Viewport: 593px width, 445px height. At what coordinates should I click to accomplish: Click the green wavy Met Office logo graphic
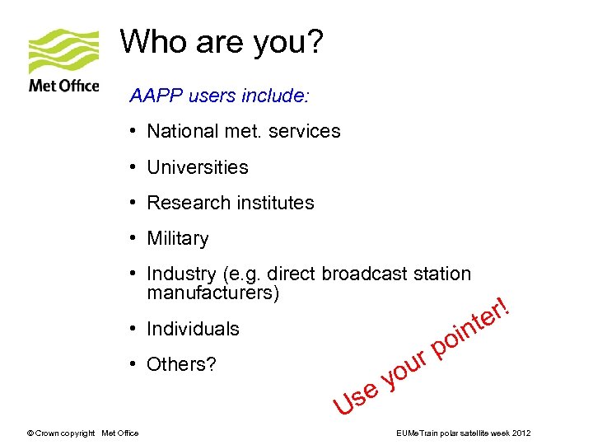tap(63, 51)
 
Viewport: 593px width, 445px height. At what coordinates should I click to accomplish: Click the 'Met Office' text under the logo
tap(63, 85)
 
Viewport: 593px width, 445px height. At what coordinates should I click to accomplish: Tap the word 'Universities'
tap(198, 167)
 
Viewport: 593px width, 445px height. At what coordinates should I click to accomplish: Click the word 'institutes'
tap(273, 203)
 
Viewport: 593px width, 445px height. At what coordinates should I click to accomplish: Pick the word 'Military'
tap(178, 239)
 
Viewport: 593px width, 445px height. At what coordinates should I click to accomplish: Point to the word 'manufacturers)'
tap(213, 293)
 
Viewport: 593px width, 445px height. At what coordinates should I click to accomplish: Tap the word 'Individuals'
tap(194, 329)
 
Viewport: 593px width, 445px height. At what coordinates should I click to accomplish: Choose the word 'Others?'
tap(182, 364)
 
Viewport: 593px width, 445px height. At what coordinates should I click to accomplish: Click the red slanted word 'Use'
tap(355, 396)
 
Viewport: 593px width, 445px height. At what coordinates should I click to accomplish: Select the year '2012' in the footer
tap(521, 433)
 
